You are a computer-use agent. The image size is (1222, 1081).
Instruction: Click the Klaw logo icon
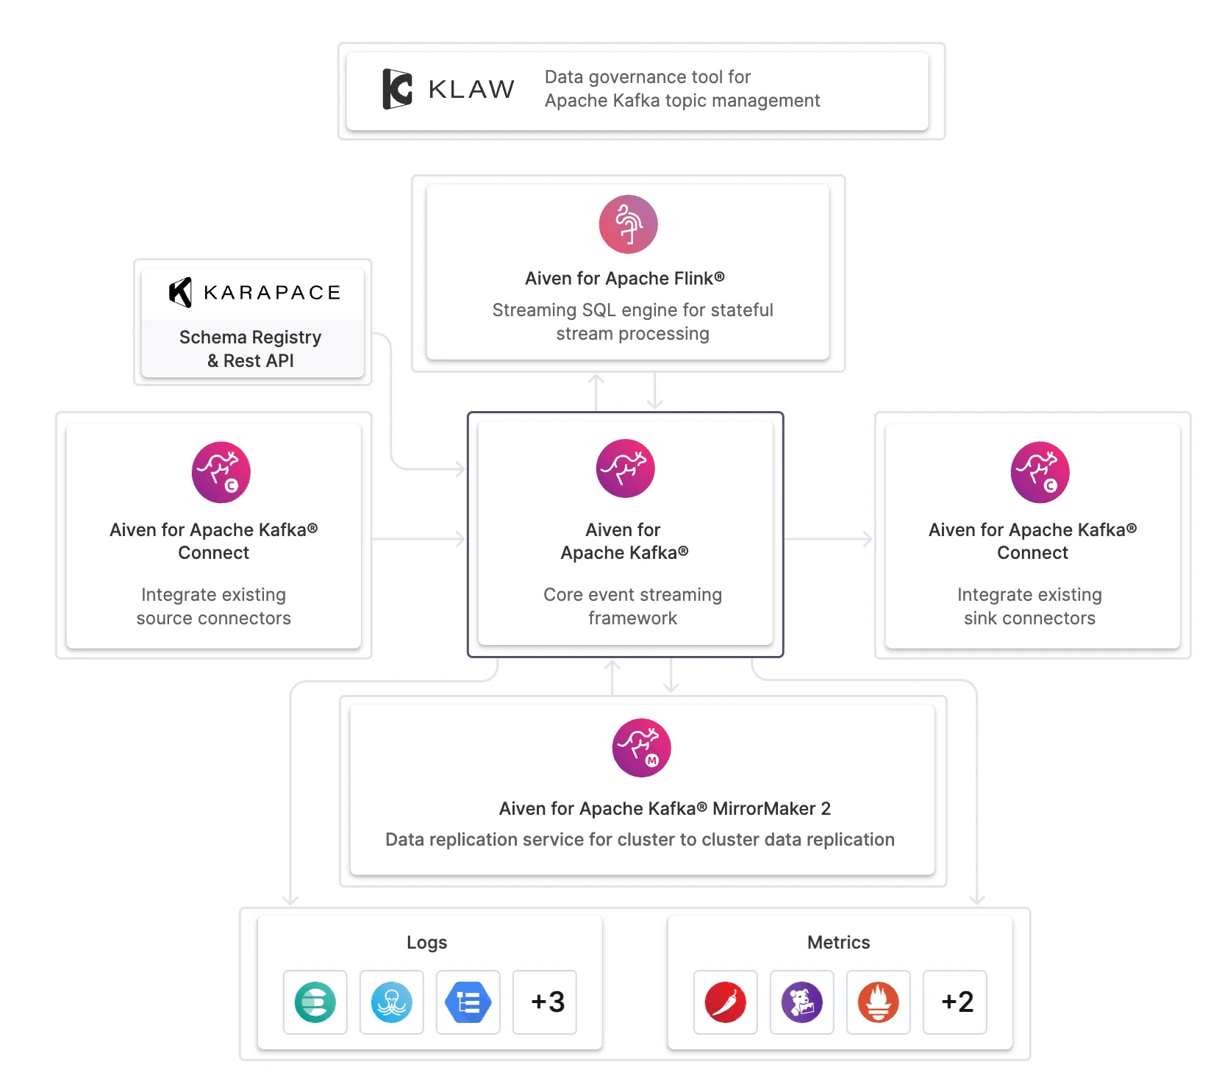(x=397, y=89)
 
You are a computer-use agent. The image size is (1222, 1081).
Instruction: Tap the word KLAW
(x=471, y=90)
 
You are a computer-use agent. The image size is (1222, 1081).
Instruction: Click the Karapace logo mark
(x=181, y=292)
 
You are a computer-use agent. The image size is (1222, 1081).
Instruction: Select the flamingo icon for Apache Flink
(x=628, y=224)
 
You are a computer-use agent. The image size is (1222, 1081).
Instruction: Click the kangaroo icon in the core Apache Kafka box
(x=625, y=468)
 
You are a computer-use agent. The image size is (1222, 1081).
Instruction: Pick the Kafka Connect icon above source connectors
(x=221, y=472)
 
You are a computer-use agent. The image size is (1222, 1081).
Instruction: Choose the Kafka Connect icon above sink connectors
(x=1040, y=472)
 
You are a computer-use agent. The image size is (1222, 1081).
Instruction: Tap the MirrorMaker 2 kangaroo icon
(x=641, y=748)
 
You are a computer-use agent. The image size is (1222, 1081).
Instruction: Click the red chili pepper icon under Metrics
(x=726, y=1002)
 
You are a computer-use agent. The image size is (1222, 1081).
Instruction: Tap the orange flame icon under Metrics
(x=879, y=1002)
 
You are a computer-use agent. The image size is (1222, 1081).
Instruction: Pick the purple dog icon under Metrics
(x=802, y=1002)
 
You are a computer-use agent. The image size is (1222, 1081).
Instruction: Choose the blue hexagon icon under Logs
(x=468, y=1002)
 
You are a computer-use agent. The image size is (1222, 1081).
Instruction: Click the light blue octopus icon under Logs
(x=392, y=1002)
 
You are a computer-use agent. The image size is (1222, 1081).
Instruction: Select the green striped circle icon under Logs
(x=315, y=1002)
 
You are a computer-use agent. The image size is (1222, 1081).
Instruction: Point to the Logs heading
(x=426, y=942)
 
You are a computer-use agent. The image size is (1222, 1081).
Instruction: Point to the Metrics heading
(x=838, y=942)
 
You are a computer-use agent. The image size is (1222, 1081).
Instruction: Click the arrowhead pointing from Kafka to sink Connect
(x=868, y=539)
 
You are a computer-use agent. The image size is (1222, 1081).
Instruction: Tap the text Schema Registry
(x=250, y=337)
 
